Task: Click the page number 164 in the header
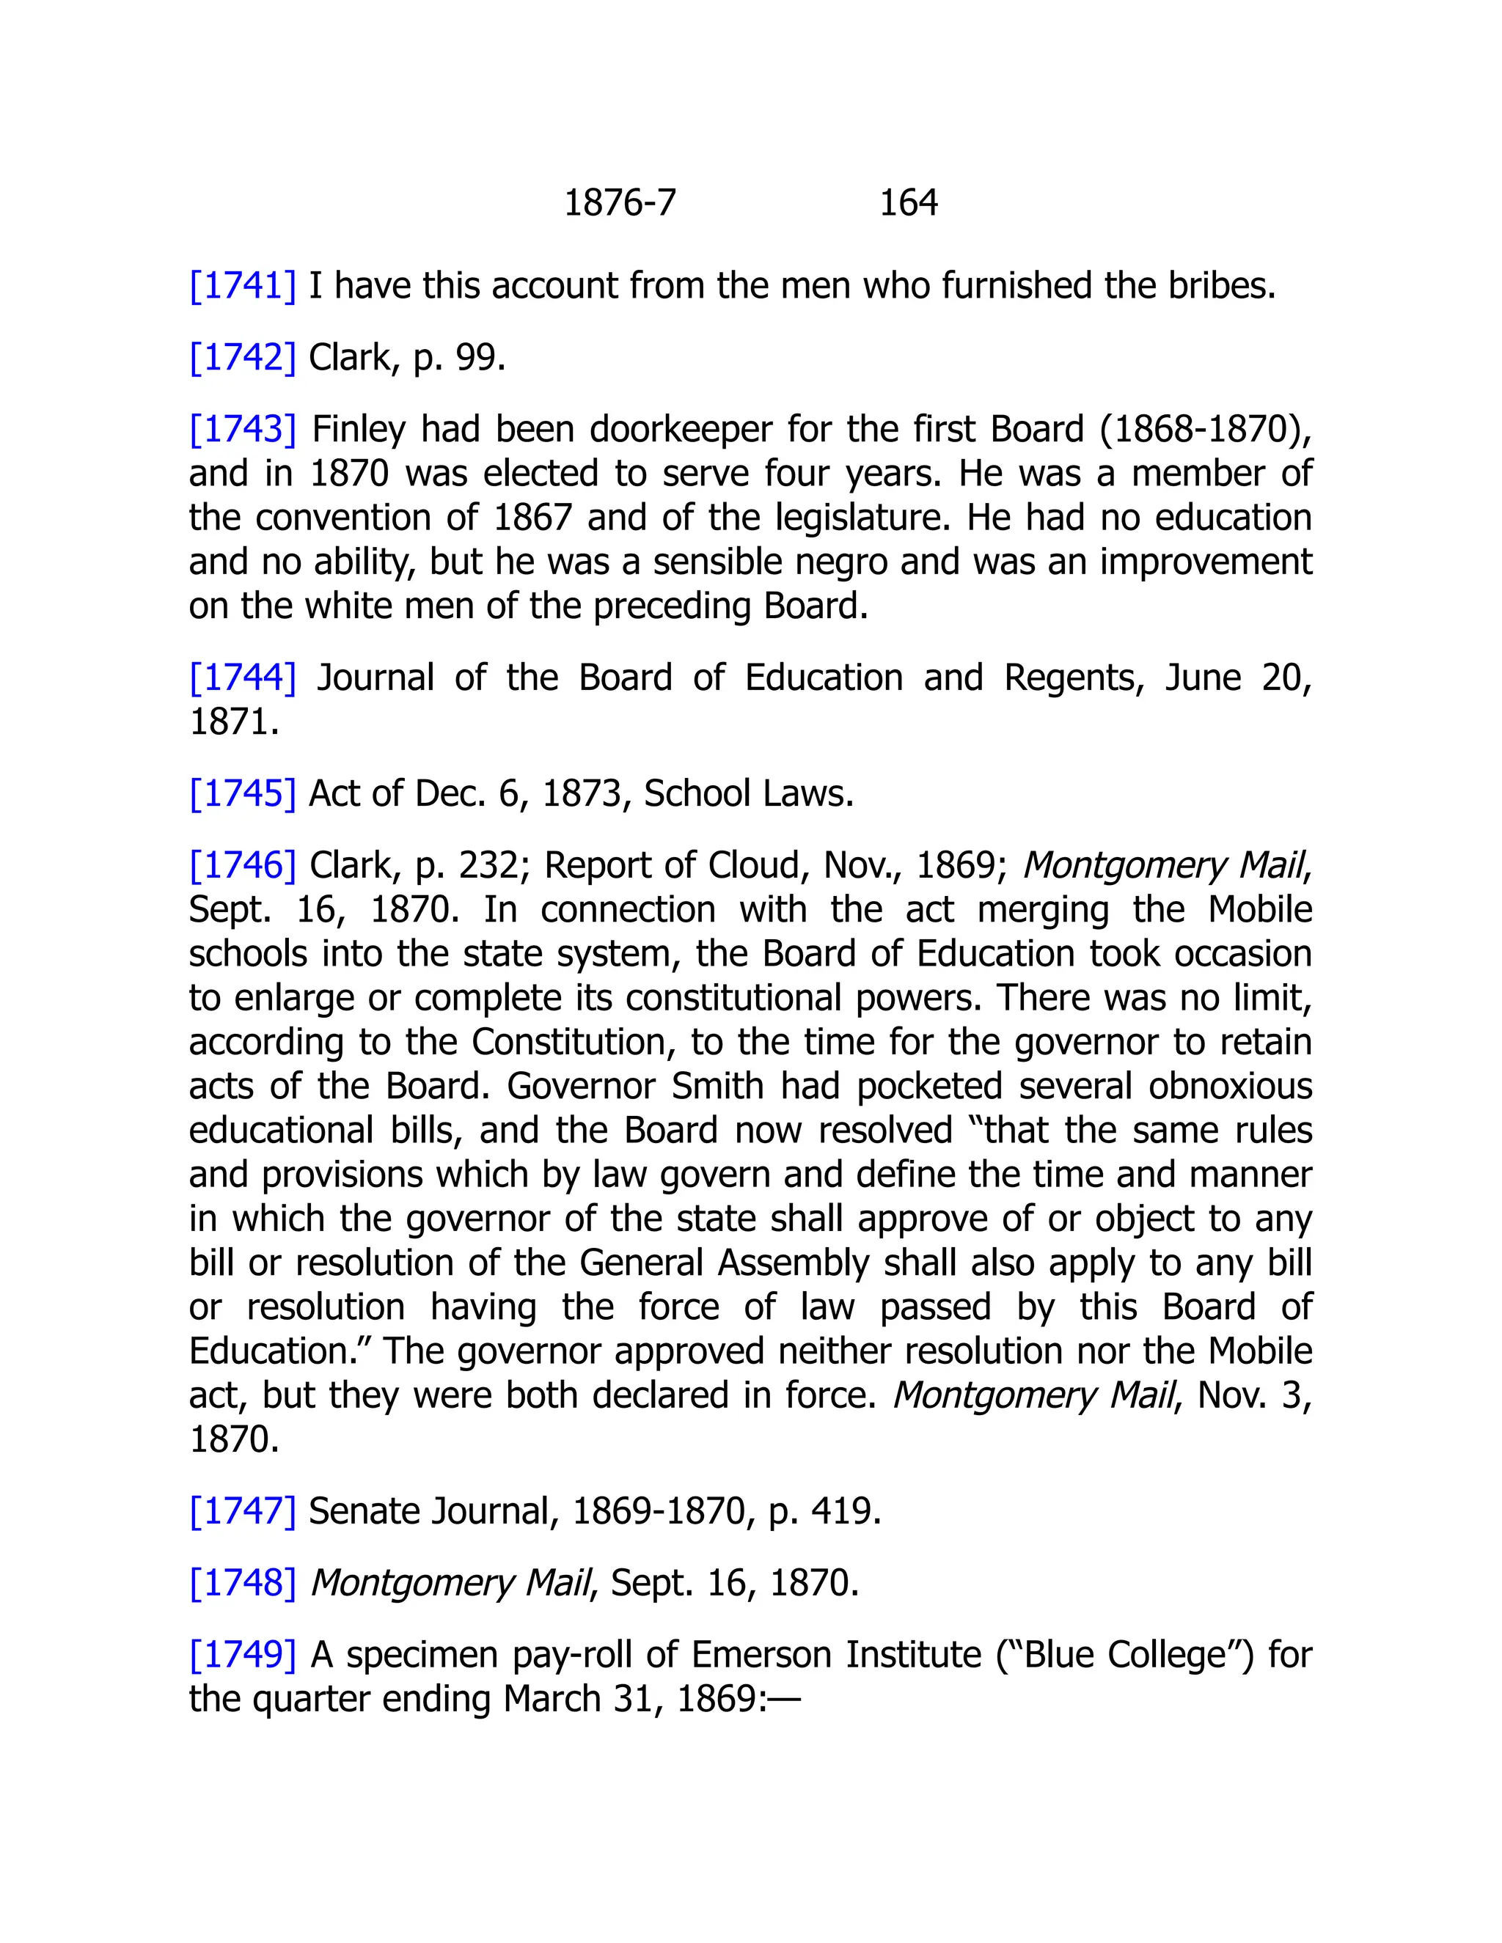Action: click(x=908, y=203)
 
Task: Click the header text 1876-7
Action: click(x=620, y=203)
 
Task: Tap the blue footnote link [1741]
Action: click(x=242, y=285)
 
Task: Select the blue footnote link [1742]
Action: click(x=242, y=358)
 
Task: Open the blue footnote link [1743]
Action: click(x=242, y=430)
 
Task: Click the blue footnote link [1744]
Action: click(x=242, y=678)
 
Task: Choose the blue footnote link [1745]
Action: click(x=242, y=793)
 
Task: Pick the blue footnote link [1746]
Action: click(x=242, y=864)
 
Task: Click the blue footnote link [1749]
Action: click(x=242, y=1655)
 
